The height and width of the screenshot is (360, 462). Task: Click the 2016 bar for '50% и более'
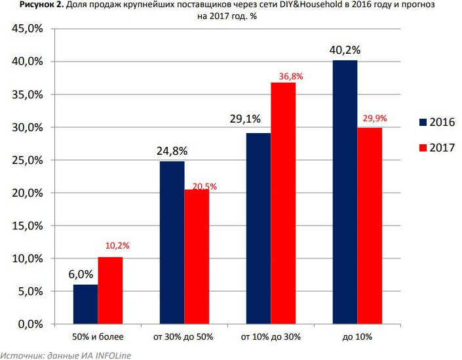85,304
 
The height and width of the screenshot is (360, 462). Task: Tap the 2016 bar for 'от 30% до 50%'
172,243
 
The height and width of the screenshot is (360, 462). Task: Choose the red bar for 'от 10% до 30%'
283,203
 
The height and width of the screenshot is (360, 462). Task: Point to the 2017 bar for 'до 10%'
370,226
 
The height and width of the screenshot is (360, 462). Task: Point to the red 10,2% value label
117,246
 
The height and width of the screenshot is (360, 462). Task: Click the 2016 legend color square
423,122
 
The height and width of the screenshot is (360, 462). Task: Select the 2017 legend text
442,148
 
